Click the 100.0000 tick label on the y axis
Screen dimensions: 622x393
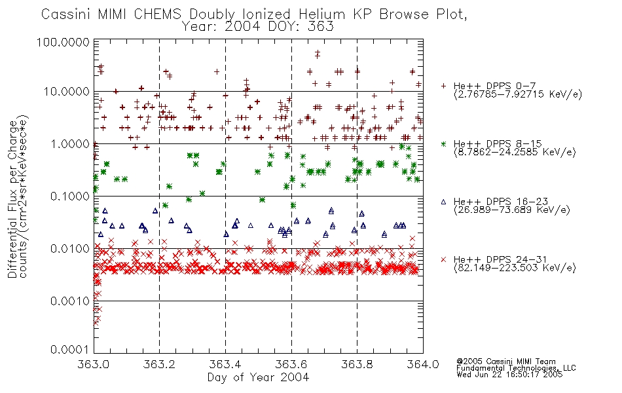[63, 42]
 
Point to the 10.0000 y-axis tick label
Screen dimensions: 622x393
[67, 92]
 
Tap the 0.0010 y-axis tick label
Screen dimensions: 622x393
[70, 301]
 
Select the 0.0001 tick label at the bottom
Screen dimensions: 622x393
[70, 350]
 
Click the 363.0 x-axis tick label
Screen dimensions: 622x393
[94, 364]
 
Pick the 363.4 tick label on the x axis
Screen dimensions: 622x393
[225, 364]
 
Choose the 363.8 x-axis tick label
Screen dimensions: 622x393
[357, 364]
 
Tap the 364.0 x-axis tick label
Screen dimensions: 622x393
[423, 364]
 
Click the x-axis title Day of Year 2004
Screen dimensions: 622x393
[258, 377]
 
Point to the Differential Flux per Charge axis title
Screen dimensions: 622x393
[12, 199]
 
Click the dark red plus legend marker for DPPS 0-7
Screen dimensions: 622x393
[443, 86]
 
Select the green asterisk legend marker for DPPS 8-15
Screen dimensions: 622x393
[443, 143]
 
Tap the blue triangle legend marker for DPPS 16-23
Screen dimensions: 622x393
[443, 202]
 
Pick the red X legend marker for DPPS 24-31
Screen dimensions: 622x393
[443, 259]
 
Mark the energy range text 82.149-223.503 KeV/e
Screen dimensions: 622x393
[515, 268]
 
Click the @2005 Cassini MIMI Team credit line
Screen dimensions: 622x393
[505, 362]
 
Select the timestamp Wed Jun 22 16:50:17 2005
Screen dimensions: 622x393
[509, 375]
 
